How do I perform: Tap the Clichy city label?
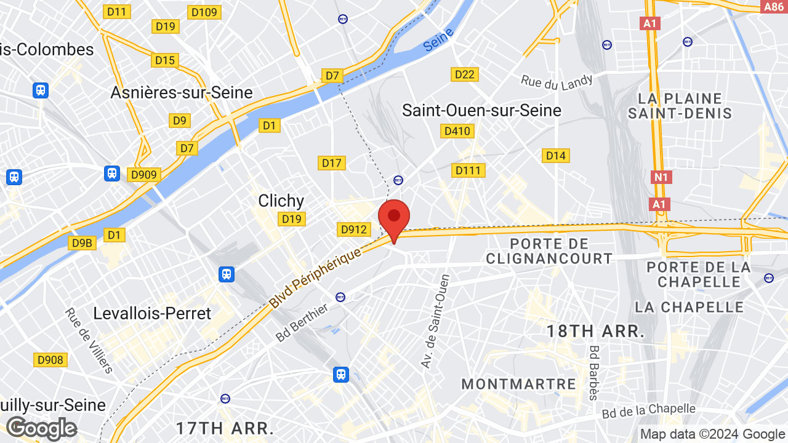coord(281,201)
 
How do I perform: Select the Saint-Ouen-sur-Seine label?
coord(481,110)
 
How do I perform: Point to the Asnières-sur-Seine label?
coord(182,92)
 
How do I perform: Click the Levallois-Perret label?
coord(152,313)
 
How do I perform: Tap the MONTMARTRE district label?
coord(518,384)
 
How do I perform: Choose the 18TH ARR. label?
coord(595,332)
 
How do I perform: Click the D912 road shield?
coord(354,229)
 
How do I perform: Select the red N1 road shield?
coord(661,177)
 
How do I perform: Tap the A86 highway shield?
coord(773,7)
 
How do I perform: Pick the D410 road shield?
coord(457,131)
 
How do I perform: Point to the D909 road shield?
coord(144,175)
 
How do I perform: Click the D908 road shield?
coord(50,360)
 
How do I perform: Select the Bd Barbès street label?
coord(594,372)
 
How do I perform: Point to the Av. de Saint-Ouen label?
coord(435,321)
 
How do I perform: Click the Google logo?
coord(41,428)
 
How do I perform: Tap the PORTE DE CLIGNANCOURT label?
coord(549,251)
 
